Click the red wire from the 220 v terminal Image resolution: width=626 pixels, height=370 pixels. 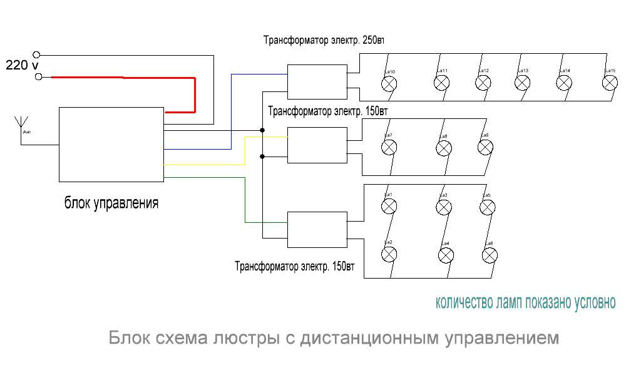[125, 78]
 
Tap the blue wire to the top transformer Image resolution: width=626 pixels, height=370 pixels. [232, 113]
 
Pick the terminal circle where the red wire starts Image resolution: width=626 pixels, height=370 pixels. [39, 77]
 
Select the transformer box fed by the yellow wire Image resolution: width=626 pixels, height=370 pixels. [317, 145]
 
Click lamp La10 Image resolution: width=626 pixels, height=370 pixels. [389, 84]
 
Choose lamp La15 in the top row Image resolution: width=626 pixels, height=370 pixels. [609, 83]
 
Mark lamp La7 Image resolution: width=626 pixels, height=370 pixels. [389, 147]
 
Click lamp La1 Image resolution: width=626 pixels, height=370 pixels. [389, 206]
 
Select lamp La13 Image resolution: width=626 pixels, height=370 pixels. [523, 83]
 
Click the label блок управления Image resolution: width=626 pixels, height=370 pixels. [111, 203]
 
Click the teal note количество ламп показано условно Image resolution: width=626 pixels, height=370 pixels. [525, 303]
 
